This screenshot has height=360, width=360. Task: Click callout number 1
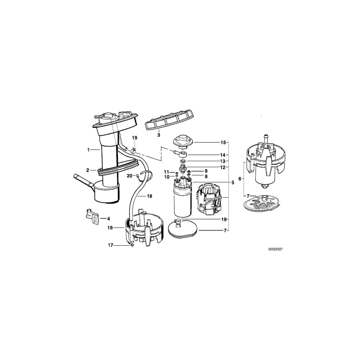tap(89, 150)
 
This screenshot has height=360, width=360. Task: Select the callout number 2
tap(88, 170)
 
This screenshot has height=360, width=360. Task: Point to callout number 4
tap(108, 219)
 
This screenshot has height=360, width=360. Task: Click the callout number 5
tap(232, 182)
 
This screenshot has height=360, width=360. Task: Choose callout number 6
tap(240, 179)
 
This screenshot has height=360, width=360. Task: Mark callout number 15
tap(223, 142)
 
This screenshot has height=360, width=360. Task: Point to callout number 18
tap(150, 196)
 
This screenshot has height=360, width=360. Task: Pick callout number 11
tap(166, 172)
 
